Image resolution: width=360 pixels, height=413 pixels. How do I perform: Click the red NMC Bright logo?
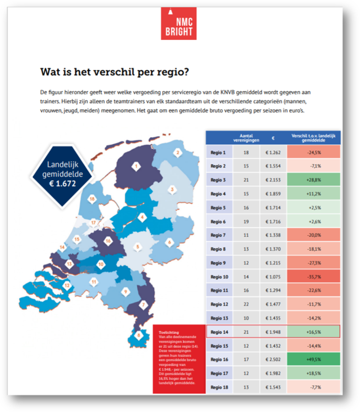click(x=178, y=24)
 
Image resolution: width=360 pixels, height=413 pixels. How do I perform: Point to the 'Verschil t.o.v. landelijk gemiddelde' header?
click(x=313, y=138)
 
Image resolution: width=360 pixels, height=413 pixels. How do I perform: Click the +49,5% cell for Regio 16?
click(x=313, y=359)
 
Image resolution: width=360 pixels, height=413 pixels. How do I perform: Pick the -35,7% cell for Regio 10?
click(x=313, y=277)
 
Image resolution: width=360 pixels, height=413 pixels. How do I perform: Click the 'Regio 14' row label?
click(x=219, y=332)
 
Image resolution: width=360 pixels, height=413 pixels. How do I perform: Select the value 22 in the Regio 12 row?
click(x=246, y=304)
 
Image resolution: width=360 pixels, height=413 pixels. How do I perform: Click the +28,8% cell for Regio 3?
click(x=313, y=179)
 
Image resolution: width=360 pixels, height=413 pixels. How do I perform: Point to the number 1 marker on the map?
click(x=136, y=166)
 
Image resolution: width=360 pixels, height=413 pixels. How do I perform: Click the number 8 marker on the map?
click(x=138, y=335)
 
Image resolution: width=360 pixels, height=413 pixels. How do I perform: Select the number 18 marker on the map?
click(x=92, y=199)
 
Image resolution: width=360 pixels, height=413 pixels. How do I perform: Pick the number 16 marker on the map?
click(x=108, y=241)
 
